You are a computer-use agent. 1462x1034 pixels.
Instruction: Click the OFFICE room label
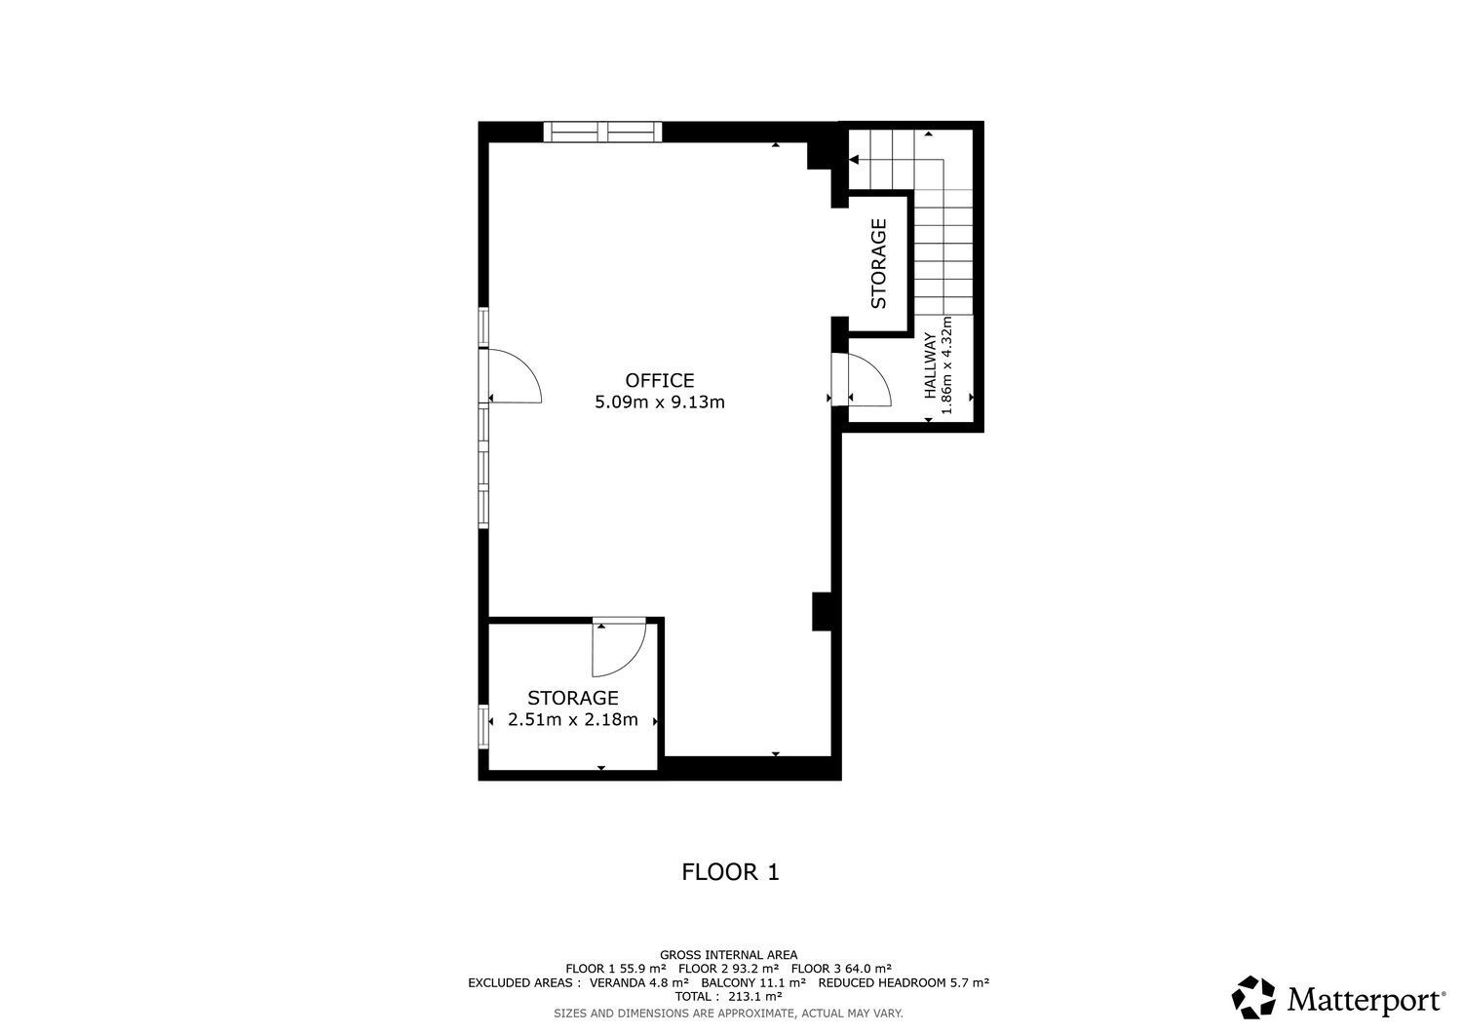[x=659, y=381]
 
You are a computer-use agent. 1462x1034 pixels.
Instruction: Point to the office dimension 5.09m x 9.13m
[x=659, y=402]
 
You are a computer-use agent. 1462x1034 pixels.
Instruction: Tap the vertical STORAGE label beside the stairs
[x=879, y=264]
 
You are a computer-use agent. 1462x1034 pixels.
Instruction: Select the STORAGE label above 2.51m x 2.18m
[x=572, y=699]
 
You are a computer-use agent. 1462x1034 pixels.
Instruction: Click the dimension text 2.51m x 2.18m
[x=572, y=720]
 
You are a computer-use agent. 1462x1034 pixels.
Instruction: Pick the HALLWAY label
[x=930, y=365]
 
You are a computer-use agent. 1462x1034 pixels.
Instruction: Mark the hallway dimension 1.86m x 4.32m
[x=947, y=364]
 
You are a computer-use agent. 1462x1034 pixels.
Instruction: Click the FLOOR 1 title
[x=730, y=872]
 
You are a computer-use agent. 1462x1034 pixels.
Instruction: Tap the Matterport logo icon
[x=1253, y=997]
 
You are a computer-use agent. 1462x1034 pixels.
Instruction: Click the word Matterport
[x=1366, y=1000]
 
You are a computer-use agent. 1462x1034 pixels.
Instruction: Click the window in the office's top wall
[x=602, y=132]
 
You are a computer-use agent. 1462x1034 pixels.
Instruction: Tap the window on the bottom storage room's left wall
[x=483, y=727]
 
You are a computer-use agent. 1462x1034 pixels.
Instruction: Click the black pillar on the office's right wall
[x=822, y=611]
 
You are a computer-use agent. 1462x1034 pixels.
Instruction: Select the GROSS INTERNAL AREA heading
[x=728, y=955]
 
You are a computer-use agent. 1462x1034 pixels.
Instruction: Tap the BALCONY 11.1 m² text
[x=753, y=982]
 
